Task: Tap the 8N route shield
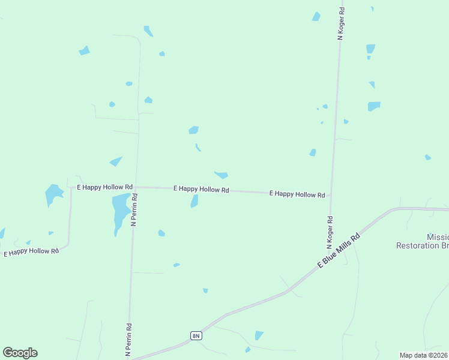pyautogui.click(x=196, y=335)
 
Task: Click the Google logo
pyautogui.click(x=20, y=353)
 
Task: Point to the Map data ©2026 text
pyautogui.click(x=423, y=355)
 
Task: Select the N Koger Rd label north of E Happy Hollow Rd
pyautogui.click(x=341, y=23)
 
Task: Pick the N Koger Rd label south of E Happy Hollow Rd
pyautogui.click(x=330, y=233)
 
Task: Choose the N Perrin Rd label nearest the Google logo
pyautogui.click(x=128, y=340)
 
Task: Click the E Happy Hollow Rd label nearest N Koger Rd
pyautogui.click(x=297, y=194)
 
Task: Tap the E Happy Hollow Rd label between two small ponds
pyautogui.click(x=201, y=189)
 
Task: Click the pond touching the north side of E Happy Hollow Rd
pyautogui.click(x=221, y=175)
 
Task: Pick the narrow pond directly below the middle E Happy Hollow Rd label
pyautogui.click(x=194, y=202)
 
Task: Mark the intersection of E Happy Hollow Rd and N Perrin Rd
pyautogui.click(x=136, y=187)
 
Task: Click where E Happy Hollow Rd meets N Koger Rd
pyautogui.click(x=331, y=194)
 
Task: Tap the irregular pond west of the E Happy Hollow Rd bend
pyautogui.click(x=53, y=194)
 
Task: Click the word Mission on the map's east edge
pyautogui.click(x=437, y=237)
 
